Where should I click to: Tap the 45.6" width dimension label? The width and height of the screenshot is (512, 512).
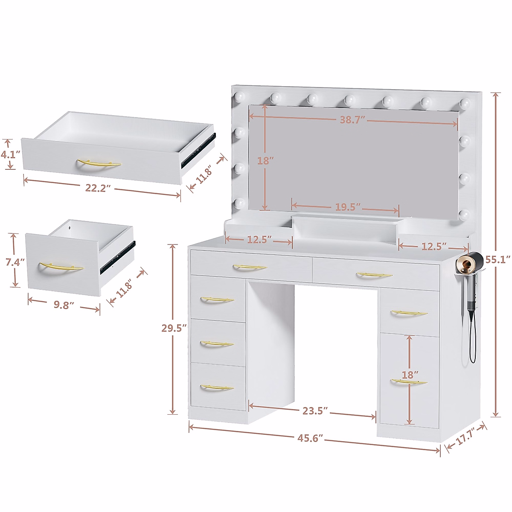coord(310,438)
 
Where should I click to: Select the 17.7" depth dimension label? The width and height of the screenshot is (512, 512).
coord(465,438)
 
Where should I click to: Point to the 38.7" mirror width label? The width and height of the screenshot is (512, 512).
coord(351,120)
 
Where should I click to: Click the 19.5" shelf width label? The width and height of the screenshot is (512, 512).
coord(348,207)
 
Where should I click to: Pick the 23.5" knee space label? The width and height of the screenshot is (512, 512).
coord(315,410)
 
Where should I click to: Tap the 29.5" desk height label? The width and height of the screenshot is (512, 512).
coord(174,328)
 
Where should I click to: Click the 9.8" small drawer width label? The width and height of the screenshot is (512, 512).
coord(64,305)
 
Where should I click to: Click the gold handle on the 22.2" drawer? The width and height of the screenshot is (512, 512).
coord(99,164)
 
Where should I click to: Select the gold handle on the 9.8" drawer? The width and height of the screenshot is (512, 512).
coord(61,268)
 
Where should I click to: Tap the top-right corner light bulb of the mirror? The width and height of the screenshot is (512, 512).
coord(465,103)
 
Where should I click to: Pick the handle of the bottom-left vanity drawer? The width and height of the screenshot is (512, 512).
coord(217,387)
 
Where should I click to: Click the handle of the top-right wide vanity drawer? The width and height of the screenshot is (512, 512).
coord(374,275)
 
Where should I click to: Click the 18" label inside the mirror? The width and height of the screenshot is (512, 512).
coord(265,161)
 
